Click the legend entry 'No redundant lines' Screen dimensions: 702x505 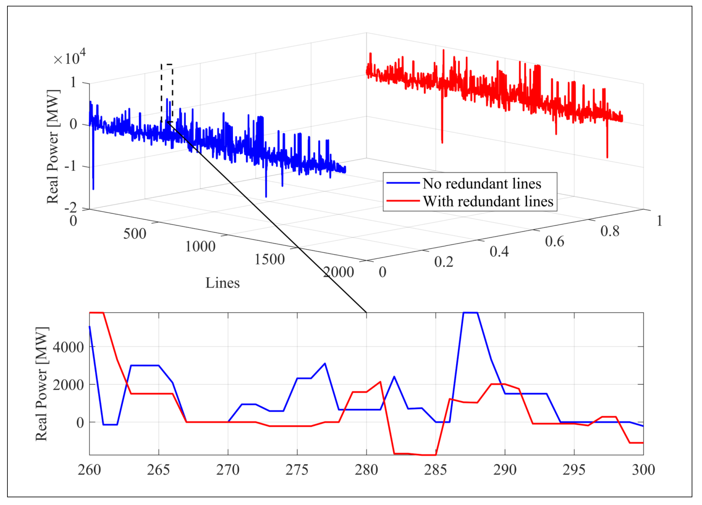point(482,183)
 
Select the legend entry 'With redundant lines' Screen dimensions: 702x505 point(488,201)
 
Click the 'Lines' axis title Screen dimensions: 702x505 point(223,283)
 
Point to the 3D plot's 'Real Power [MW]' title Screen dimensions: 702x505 point(53,146)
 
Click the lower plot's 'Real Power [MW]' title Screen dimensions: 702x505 point(42,384)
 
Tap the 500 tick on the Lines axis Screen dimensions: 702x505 point(135,234)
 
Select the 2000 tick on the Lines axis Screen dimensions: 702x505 point(338,272)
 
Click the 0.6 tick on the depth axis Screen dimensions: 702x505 point(554,241)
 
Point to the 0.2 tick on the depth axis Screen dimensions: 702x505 point(444,262)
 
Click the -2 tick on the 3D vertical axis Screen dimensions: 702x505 point(71,208)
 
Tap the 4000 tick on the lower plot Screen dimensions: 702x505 point(68,347)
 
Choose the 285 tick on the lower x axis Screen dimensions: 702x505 point(435,470)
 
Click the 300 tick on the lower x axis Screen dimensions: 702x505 point(643,470)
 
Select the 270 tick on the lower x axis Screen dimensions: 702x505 point(228,470)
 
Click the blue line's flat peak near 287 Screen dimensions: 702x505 point(470,312)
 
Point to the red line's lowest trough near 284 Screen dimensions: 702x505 point(428,455)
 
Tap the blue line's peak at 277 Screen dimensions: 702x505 point(325,364)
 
